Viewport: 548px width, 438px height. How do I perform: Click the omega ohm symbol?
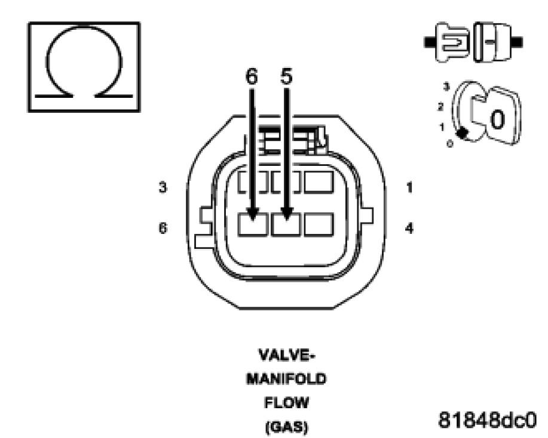click(84, 67)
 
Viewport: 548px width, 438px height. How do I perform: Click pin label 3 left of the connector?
click(163, 187)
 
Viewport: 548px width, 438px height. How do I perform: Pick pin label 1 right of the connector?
click(409, 187)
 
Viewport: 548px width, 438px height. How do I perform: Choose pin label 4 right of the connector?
click(409, 228)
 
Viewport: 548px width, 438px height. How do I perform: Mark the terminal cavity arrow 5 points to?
click(286, 224)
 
